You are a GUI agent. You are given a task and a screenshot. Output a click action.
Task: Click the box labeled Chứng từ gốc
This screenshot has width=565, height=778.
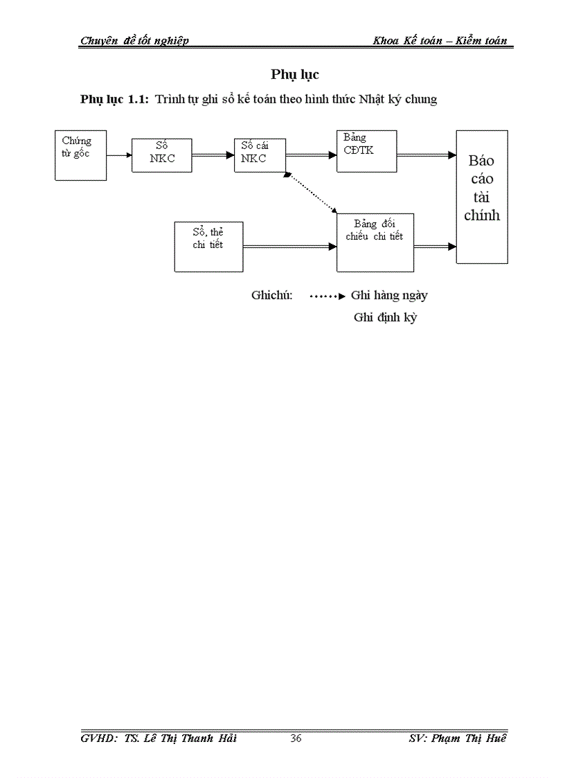pos(81,155)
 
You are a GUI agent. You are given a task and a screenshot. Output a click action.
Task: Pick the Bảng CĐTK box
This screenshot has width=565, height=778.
pos(366,151)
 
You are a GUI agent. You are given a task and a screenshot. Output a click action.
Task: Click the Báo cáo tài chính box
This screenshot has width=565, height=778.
pos(482,197)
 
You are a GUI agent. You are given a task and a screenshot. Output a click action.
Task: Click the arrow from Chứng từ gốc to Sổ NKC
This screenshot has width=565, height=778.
pos(119,155)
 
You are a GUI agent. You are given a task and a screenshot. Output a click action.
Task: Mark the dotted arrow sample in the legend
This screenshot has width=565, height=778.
pos(328,296)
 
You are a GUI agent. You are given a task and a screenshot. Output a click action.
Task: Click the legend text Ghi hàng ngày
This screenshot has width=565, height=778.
pos(389,295)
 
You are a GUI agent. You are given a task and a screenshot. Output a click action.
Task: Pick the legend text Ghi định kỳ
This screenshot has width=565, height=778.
pos(386,318)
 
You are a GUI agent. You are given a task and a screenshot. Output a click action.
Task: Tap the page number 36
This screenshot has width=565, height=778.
pos(296,739)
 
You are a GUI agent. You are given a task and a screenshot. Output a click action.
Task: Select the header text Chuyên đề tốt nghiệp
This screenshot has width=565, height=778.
pos(134,40)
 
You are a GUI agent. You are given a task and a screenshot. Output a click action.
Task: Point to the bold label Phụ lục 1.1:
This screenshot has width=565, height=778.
pos(114,99)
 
